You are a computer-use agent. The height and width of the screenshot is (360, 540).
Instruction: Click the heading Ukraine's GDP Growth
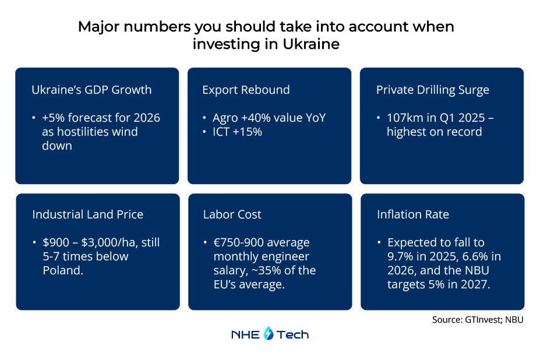click(91, 90)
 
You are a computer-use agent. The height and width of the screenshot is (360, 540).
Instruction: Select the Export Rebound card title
click(246, 90)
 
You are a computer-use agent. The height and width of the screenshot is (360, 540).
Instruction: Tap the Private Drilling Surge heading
click(432, 90)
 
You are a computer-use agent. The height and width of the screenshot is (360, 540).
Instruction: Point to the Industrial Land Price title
click(87, 214)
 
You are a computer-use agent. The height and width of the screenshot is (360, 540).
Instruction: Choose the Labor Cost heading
click(232, 214)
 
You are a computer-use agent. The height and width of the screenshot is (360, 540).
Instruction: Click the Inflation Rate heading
click(412, 214)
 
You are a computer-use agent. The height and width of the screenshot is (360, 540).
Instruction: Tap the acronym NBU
click(464, 270)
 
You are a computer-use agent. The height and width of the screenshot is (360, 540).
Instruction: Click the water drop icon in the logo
click(269, 334)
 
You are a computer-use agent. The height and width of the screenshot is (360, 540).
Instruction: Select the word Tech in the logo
click(292, 334)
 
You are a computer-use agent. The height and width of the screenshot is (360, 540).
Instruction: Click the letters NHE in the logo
click(246, 334)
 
